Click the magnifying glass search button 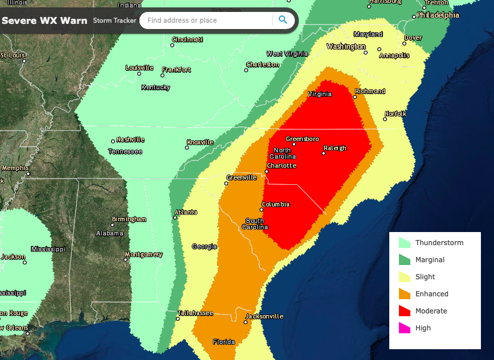click(283, 20)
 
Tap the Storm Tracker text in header click(114, 21)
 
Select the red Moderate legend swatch click(405, 311)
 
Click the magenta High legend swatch click(405, 328)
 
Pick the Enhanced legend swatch click(405, 294)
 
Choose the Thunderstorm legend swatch click(405, 243)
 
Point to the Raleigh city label click(335, 148)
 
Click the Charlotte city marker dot click(266, 172)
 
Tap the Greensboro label click(302, 139)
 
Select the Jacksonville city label click(264, 316)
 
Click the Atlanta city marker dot click(175, 217)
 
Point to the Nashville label click(130, 139)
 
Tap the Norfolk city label click(396, 114)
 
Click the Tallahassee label click(195, 313)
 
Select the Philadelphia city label click(438, 15)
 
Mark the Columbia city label click(275, 204)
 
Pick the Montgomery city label click(143, 254)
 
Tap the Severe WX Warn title click(44, 21)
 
